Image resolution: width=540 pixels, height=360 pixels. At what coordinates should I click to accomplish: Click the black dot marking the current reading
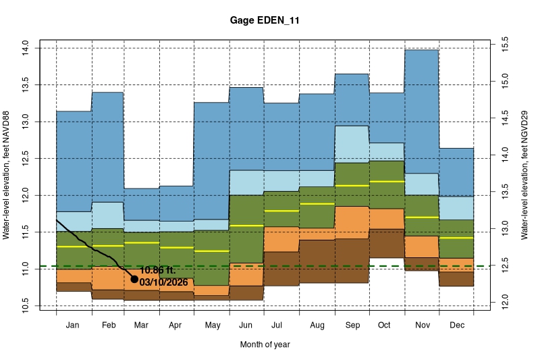134,279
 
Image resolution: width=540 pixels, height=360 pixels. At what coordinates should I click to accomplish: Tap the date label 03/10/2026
163,282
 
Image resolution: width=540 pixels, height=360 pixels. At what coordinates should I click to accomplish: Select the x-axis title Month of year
265,344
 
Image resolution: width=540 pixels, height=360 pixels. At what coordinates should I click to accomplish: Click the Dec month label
456,326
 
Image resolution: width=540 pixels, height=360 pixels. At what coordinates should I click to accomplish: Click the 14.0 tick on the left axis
25,47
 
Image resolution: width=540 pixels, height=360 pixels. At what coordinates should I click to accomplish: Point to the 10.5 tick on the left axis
25,306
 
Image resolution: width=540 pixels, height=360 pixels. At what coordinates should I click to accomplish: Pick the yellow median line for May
211,251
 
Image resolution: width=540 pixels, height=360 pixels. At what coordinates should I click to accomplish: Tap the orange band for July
281,239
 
